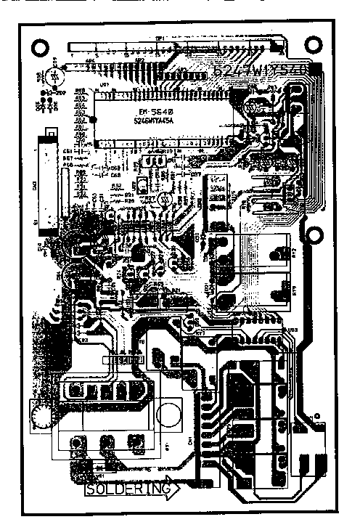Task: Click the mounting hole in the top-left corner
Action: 35,45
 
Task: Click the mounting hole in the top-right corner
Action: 318,45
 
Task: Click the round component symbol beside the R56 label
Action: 53,76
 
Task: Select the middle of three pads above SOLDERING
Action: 106,440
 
